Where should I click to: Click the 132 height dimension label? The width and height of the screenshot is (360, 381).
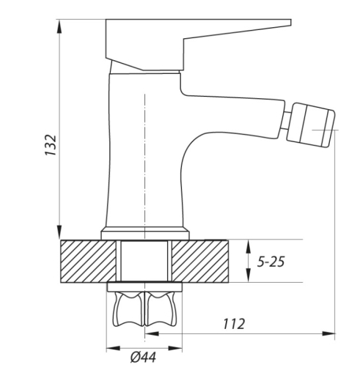pos(51,144)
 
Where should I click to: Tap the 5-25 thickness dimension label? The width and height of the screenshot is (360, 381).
pos(271,262)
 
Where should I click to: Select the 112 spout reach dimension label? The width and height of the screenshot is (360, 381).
pos(234,324)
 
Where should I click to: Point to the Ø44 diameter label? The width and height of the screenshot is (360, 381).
pos(143,358)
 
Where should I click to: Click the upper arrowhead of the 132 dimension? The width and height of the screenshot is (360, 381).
pos(59,26)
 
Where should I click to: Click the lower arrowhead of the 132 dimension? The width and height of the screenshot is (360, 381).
pos(59,232)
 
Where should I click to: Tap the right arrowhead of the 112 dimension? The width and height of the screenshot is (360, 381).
pos(328,333)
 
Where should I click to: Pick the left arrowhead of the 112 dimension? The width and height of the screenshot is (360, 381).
pos(152,333)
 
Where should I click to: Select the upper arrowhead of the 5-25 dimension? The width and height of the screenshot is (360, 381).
pos(249,247)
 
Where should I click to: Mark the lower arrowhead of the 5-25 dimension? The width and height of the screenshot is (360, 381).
pos(249,275)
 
